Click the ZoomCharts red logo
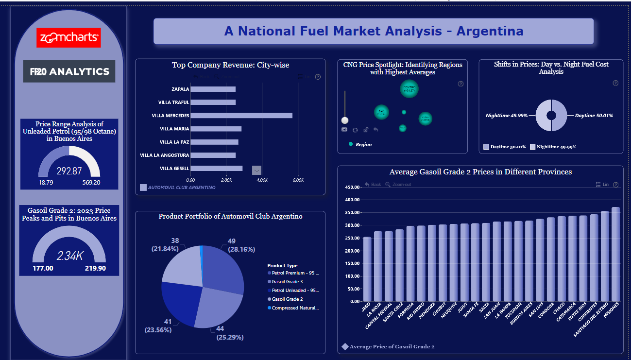click(x=68, y=37)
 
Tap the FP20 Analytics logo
click(x=69, y=71)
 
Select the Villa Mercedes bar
click(x=241, y=116)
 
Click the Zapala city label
click(x=180, y=89)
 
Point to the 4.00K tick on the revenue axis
click(x=262, y=180)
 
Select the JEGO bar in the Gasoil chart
click(x=367, y=269)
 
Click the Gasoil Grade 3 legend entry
click(x=287, y=282)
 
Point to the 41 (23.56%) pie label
click(x=158, y=326)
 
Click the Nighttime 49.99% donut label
click(x=507, y=116)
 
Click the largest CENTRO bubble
click(x=409, y=89)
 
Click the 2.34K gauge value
click(x=69, y=256)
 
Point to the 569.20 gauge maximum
click(x=91, y=183)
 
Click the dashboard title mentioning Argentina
click(x=374, y=32)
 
